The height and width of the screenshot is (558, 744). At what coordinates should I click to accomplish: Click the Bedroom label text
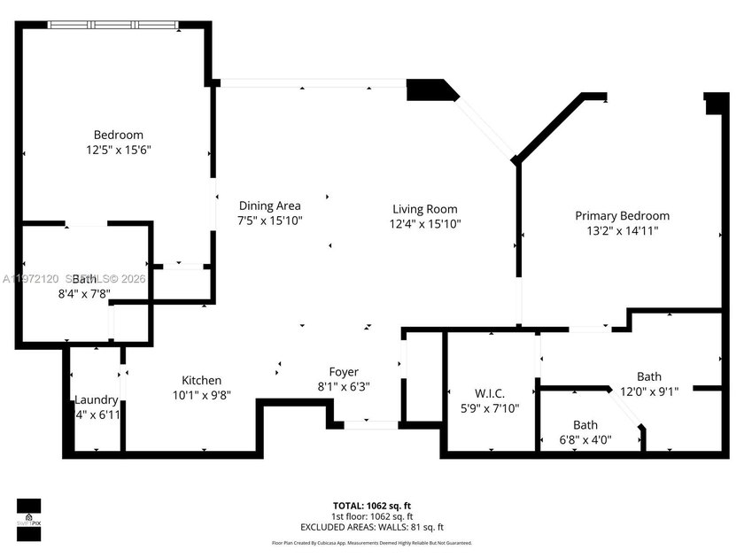(119, 135)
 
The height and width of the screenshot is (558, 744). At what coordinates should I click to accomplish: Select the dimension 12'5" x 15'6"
(119, 151)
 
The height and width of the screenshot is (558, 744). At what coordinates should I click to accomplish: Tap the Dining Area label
(269, 205)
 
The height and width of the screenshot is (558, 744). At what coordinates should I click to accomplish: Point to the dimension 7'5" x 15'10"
(269, 221)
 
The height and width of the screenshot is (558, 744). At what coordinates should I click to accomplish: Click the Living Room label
(425, 209)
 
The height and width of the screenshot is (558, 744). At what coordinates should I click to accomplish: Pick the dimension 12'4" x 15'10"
(425, 224)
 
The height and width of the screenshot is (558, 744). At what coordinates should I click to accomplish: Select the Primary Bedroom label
(622, 215)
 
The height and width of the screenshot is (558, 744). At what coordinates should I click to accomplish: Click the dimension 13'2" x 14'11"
(622, 230)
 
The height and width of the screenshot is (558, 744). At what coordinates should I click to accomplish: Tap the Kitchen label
(202, 380)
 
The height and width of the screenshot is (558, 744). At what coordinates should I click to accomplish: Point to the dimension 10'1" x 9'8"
(202, 395)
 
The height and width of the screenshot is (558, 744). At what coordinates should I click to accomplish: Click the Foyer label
(344, 372)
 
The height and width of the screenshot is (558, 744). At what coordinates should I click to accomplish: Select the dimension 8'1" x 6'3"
(344, 386)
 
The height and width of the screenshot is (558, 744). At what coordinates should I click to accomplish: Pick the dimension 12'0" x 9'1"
(648, 392)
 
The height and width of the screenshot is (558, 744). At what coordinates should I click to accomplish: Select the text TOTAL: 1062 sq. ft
(372, 506)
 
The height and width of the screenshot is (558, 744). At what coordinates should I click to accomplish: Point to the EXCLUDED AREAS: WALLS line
(372, 528)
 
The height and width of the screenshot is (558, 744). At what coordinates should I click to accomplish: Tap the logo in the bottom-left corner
(28, 519)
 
